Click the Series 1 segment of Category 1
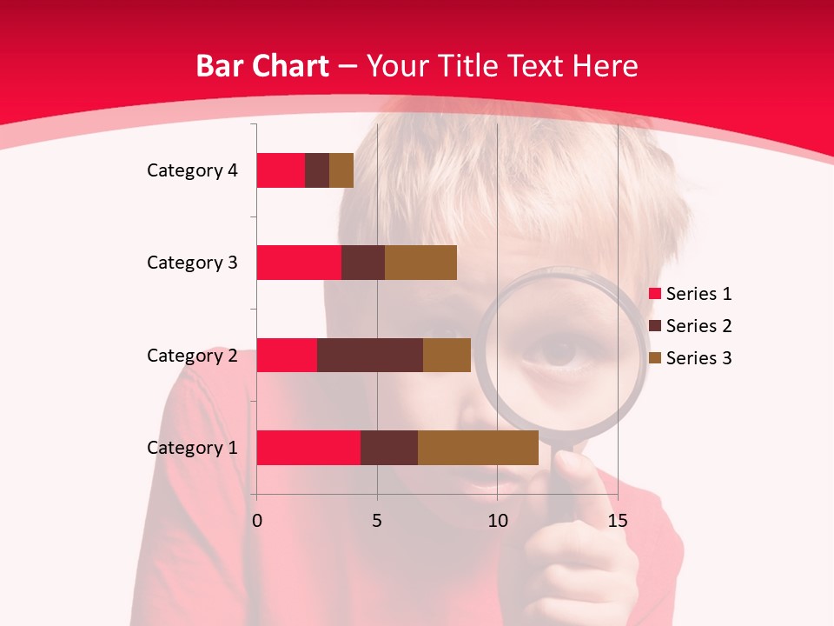point(308,448)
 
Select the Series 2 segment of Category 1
point(388,448)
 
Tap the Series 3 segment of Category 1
point(478,448)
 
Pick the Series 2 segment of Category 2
point(369,355)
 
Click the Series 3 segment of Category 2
point(447,355)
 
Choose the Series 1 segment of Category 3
point(298,263)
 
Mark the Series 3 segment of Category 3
point(420,263)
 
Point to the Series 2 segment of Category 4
point(316,170)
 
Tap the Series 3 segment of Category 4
point(341,170)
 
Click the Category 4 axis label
point(192,170)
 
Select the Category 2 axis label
point(192,355)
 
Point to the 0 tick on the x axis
point(256,521)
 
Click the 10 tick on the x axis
point(497,521)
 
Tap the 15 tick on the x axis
point(617,521)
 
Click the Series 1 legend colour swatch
point(654,294)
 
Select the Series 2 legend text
point(698,326)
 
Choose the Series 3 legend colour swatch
point(654,358)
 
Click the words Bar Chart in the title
point(262,66)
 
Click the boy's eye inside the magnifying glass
point(559,352)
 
